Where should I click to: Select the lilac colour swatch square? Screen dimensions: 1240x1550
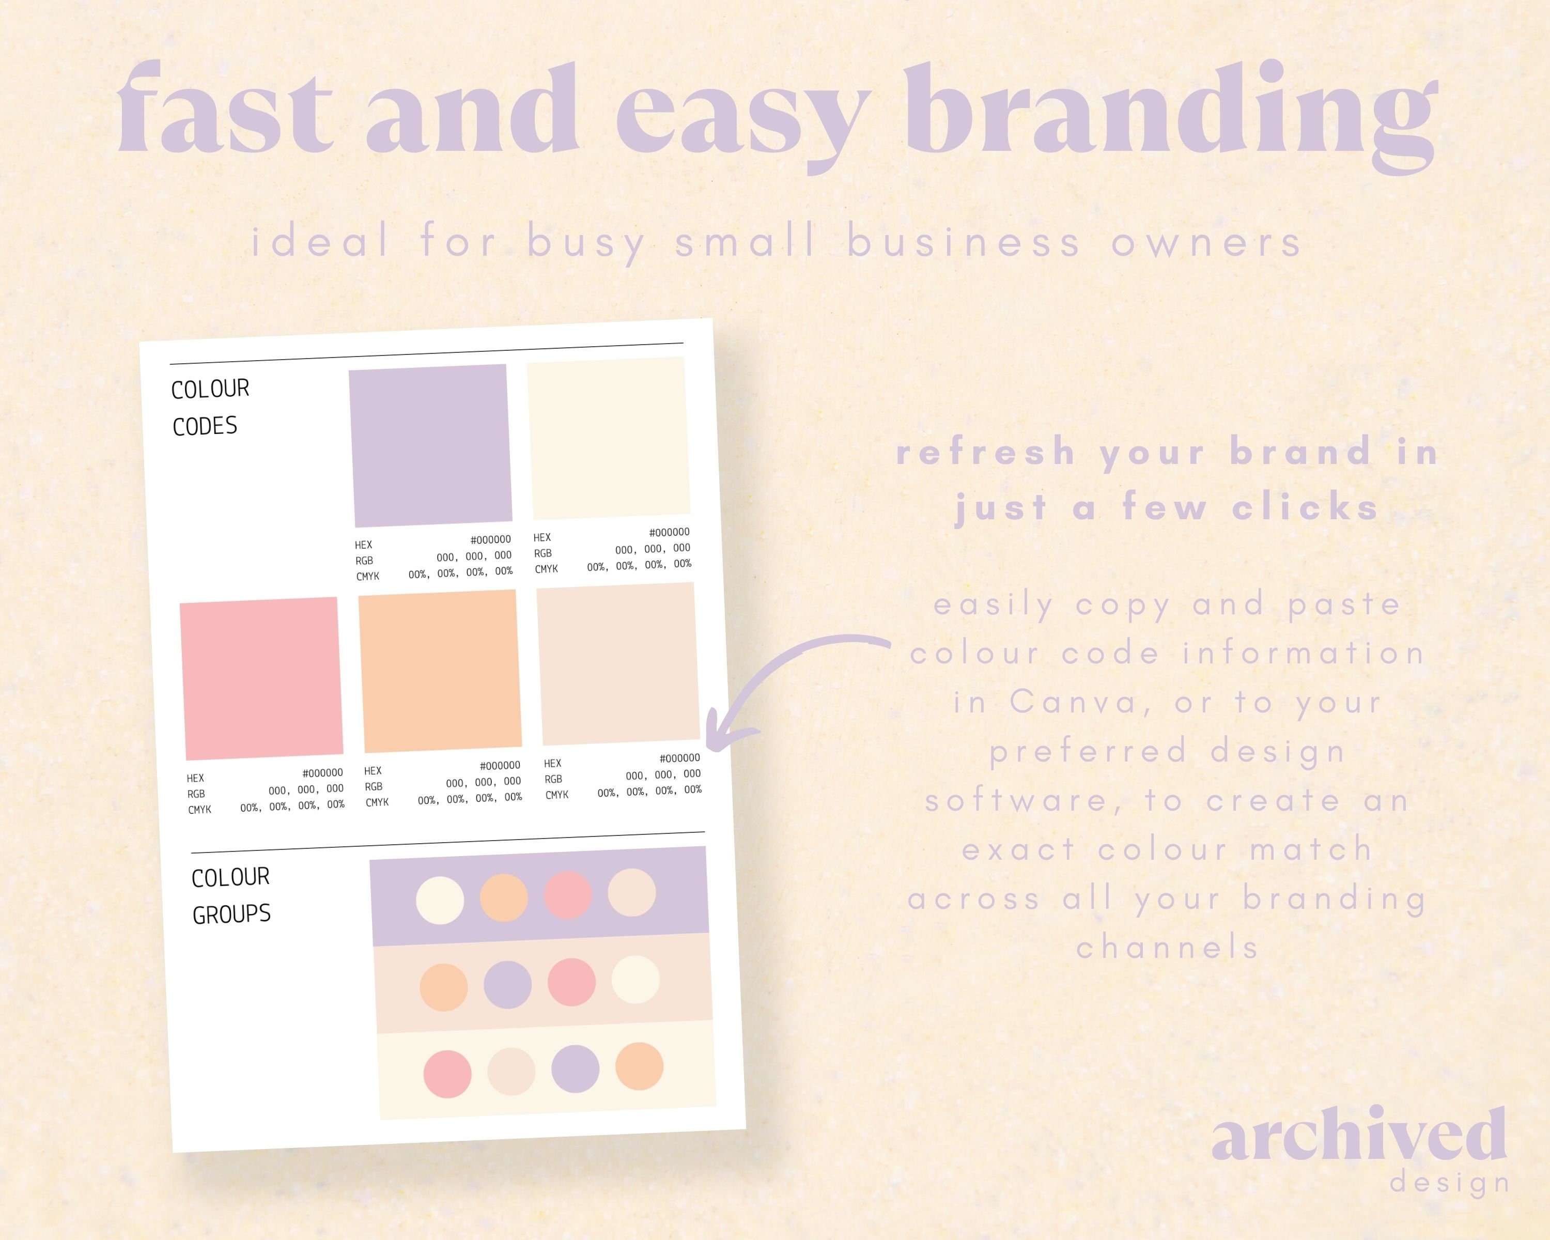[x=430, y=445]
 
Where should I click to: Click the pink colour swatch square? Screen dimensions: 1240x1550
[x=261, y=678]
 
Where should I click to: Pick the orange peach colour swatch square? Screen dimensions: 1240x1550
[x=440, y=671]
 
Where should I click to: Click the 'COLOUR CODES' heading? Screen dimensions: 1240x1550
[x=209, y=407]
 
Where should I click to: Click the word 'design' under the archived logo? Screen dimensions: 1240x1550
[x=1449, y=1183]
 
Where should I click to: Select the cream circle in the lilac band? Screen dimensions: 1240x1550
[x=440, y=900]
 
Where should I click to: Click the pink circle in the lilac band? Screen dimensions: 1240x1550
[x=568, y=895]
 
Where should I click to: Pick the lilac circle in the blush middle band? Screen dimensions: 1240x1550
[x=507, y=985]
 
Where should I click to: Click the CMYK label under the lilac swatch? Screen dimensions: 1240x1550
[x=367, y=576]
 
